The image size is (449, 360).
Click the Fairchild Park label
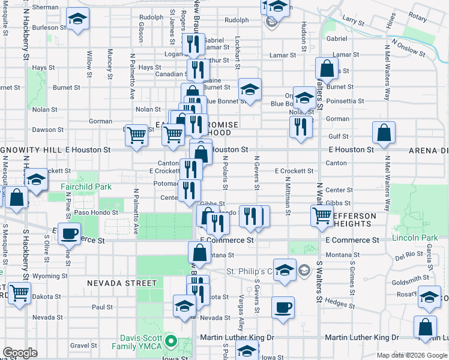coord(86,187)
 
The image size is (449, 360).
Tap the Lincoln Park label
coord(415,238)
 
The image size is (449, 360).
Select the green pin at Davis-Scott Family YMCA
coord(170,342)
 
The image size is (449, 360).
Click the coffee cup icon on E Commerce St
coord(69,233)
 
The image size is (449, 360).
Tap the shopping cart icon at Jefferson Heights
coord(322,215)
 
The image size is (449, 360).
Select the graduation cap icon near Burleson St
coord(77,20)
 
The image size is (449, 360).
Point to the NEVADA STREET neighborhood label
coord(113,283)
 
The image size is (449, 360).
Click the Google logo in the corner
coord(19,353)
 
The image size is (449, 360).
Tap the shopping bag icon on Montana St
coord(199,253)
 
